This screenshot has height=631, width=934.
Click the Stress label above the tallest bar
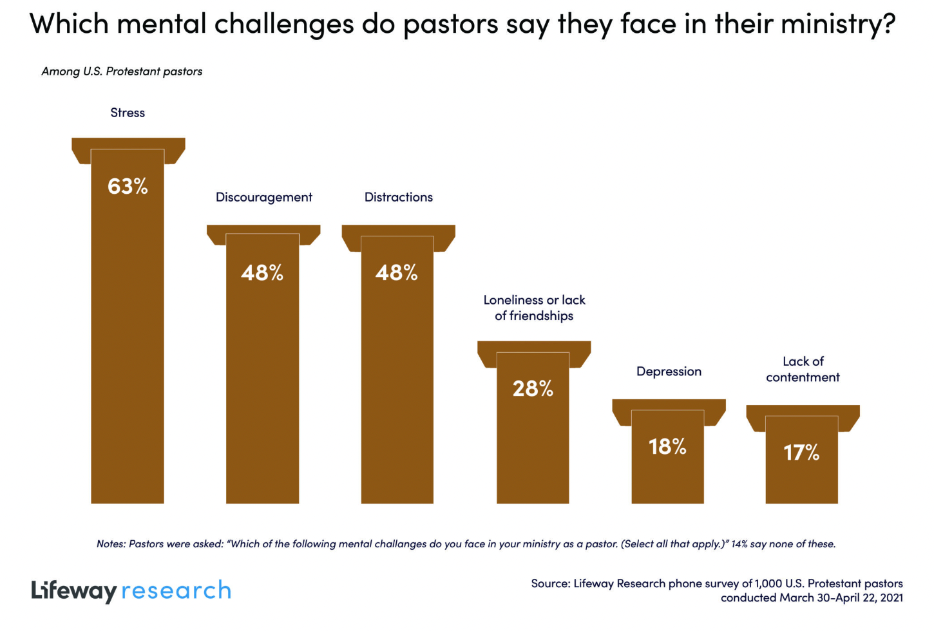[x=128, y=113]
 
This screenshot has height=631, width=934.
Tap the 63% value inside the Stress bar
[x=128, y=186]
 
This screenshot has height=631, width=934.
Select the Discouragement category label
[x=263, y=197]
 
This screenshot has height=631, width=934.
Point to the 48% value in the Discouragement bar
[x=262, y=273]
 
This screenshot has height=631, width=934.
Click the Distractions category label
[x=398, y=197]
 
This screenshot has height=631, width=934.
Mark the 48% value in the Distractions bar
[x=397, y=273]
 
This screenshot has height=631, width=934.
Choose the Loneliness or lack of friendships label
[x=534, y=308]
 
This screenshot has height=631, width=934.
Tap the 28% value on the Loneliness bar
[x=533, y=388]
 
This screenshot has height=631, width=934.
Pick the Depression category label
[x=669, y=372]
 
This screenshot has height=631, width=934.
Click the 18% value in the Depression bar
[x=667, y=446]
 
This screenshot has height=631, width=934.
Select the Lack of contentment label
[x=803, y=369]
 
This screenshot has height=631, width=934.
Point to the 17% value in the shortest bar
[x=801, y=453]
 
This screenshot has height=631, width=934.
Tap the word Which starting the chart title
[x=69, y=24]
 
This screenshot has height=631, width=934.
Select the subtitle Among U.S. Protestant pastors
[x=122, y=71]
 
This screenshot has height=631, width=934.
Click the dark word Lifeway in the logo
[x=74, y=590]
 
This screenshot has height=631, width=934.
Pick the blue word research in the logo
[x=176, y=590]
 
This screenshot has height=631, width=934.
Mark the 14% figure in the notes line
[x=739, y=544]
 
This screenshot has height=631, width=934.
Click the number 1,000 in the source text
[x=768, y=583]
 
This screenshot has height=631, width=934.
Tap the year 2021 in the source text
[x=891, y=598]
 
